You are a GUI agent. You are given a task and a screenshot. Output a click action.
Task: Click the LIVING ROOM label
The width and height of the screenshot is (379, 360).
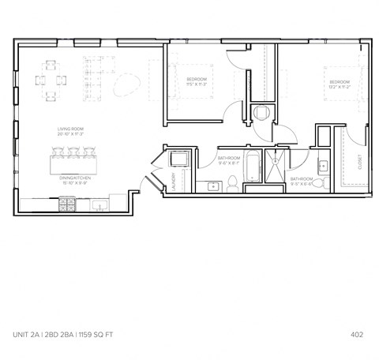(70, 129)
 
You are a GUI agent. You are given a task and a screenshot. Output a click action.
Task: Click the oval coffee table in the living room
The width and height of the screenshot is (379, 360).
(126, 83)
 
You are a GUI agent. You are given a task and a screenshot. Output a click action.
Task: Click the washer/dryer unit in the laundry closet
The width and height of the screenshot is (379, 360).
(179, 159)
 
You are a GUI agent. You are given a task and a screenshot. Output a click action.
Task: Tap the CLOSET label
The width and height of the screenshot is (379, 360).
(359, 165)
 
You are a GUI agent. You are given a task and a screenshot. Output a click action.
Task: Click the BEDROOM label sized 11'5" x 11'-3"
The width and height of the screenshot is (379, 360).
(197, 81)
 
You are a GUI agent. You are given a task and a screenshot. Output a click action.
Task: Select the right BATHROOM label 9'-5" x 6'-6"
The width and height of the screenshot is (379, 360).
(302, 179)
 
